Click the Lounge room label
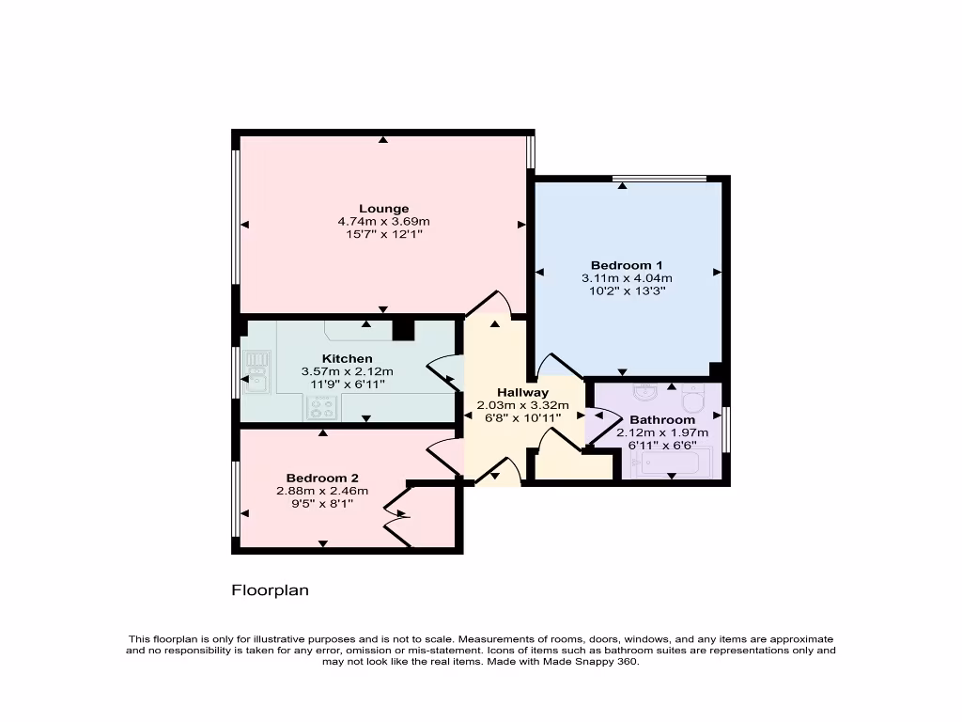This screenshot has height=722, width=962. [x=383, y=209]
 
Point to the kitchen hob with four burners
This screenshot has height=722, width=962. [x=322, y=407]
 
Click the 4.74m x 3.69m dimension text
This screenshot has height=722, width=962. [x=383, y=221]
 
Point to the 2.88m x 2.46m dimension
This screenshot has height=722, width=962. [x=322, y=491]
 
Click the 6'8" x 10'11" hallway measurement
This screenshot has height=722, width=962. [x=522, y=418]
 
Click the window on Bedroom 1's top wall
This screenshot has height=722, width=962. [x=659, y=179]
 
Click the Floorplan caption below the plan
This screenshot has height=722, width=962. [x=271, y=591]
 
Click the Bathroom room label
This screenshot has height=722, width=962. [x=662, y=420]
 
